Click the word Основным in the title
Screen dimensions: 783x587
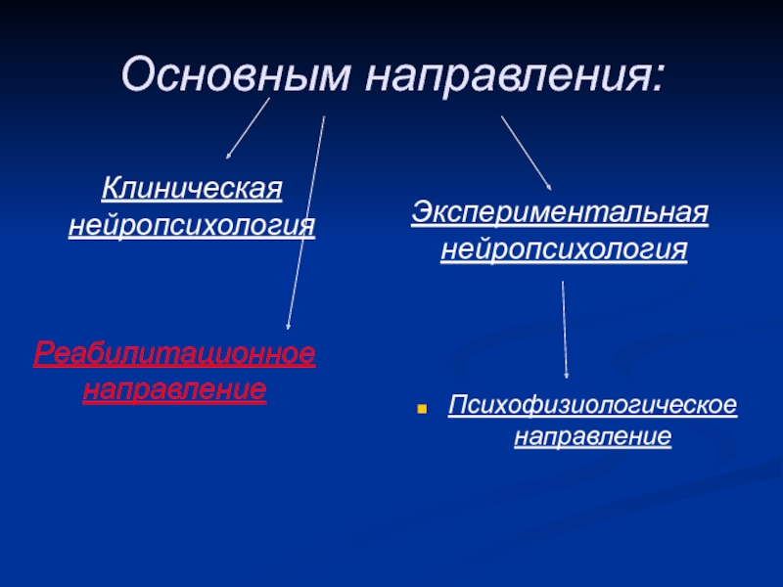point(235,75)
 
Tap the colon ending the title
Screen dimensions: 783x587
point(658,77)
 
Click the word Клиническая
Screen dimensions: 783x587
point(192,189)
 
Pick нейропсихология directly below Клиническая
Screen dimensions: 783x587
point(192,226)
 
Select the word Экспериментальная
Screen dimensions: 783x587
point(560,212)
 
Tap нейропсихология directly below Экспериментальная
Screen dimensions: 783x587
point(564,249)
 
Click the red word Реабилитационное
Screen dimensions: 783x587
point(175,354)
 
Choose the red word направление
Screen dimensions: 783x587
point(175,388)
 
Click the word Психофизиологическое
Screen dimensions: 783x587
point(593,405)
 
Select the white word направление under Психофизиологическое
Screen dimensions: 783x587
point(593,436)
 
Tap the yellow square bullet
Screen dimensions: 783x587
point(422,409)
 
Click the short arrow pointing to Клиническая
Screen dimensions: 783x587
point(248,128)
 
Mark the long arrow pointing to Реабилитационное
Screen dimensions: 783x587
point(305,223)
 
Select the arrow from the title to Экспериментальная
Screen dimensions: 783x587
point(527,154)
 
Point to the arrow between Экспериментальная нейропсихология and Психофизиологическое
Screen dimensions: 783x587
point(565,330)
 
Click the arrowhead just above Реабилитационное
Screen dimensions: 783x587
point(288,327)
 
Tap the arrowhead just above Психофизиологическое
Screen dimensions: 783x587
point(566,375)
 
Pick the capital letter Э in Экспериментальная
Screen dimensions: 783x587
point(422,212)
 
